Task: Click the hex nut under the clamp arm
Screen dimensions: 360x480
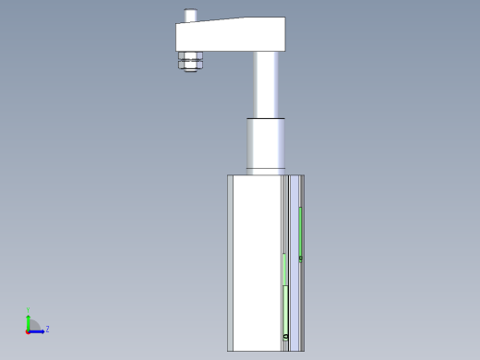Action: pyautogui.click(x=193, y=62)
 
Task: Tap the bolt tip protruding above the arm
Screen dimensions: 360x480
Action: pyautogui.click(x=191, y=16)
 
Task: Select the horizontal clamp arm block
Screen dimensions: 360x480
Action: pyautogui.click(x=230, y=36)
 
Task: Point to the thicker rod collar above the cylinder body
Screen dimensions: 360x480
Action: pyautogui.click(x=267, y=143)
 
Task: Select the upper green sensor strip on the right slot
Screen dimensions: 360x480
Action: pyautogui.click(x=301, y=231)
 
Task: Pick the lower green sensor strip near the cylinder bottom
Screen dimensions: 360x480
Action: pyautogui.click(x=285, y=309)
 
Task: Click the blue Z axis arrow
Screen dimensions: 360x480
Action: pyautogui.click(x=39, y=330)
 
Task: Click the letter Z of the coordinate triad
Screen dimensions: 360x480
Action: pyautogui.click(x=47, y=329)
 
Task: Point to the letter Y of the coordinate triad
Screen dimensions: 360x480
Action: pyautogui.click(x=29, y=310)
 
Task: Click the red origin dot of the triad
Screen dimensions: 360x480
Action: pyautogui.click(x=28, y=330)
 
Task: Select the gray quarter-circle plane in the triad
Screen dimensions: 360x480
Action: pyautogui.click(x=33, y=325)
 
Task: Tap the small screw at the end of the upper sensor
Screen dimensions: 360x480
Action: pyautogui.click(x=301, y=258)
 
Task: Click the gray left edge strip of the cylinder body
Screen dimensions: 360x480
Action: pyautogui.click(x=229, y=263)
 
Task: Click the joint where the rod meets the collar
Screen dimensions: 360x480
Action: pyautogui.click(x=267, y=118)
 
